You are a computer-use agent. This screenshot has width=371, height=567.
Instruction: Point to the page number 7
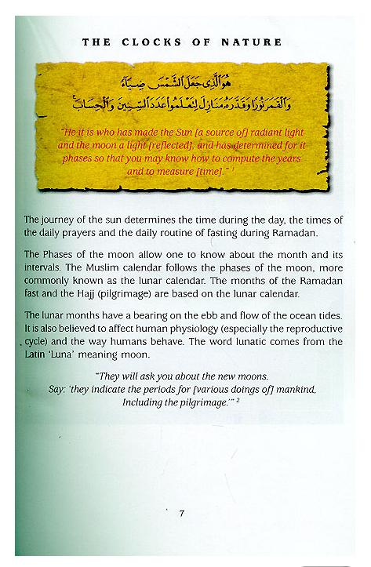[181, 514]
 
